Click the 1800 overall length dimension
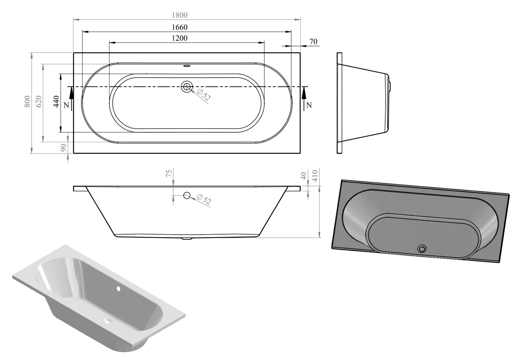(179, 15)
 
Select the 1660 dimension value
(179, 27)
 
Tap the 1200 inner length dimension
(179, 38)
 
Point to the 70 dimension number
(313, 42)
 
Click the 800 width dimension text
(27, 101)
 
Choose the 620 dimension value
(39, 101)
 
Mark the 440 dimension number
(56, 101)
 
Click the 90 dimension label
(63, 147)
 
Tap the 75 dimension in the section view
(169, 173)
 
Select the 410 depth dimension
(315, 176)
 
